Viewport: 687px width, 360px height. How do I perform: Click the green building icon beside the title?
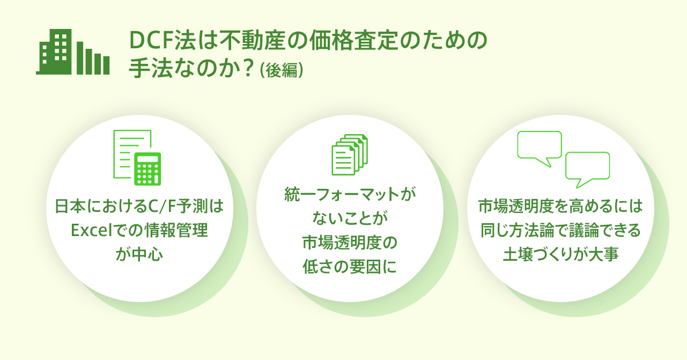[x=73, y=52]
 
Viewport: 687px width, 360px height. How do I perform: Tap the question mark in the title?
[x=248, y=68]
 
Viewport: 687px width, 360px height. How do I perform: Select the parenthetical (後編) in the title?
[x=281, y=70]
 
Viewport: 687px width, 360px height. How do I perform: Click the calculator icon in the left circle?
[x=147, y=169]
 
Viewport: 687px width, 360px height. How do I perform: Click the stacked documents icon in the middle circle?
[x=350, y=155]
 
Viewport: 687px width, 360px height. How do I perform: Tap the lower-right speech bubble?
[x=587, y=170]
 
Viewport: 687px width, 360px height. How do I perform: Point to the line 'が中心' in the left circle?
[x=139, y=255]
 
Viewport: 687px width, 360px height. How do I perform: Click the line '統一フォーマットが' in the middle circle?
[x=350, y=194]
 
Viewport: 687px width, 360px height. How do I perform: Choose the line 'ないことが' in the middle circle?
[x=350, y=218]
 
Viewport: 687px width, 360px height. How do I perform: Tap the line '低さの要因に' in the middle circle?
[x=350, y=267]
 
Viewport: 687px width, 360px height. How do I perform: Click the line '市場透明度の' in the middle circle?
[x=350, y=243]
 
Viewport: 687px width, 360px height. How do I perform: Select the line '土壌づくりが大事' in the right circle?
[x=560, y=254]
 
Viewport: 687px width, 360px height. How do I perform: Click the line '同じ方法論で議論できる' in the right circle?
[x=560, y=230]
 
